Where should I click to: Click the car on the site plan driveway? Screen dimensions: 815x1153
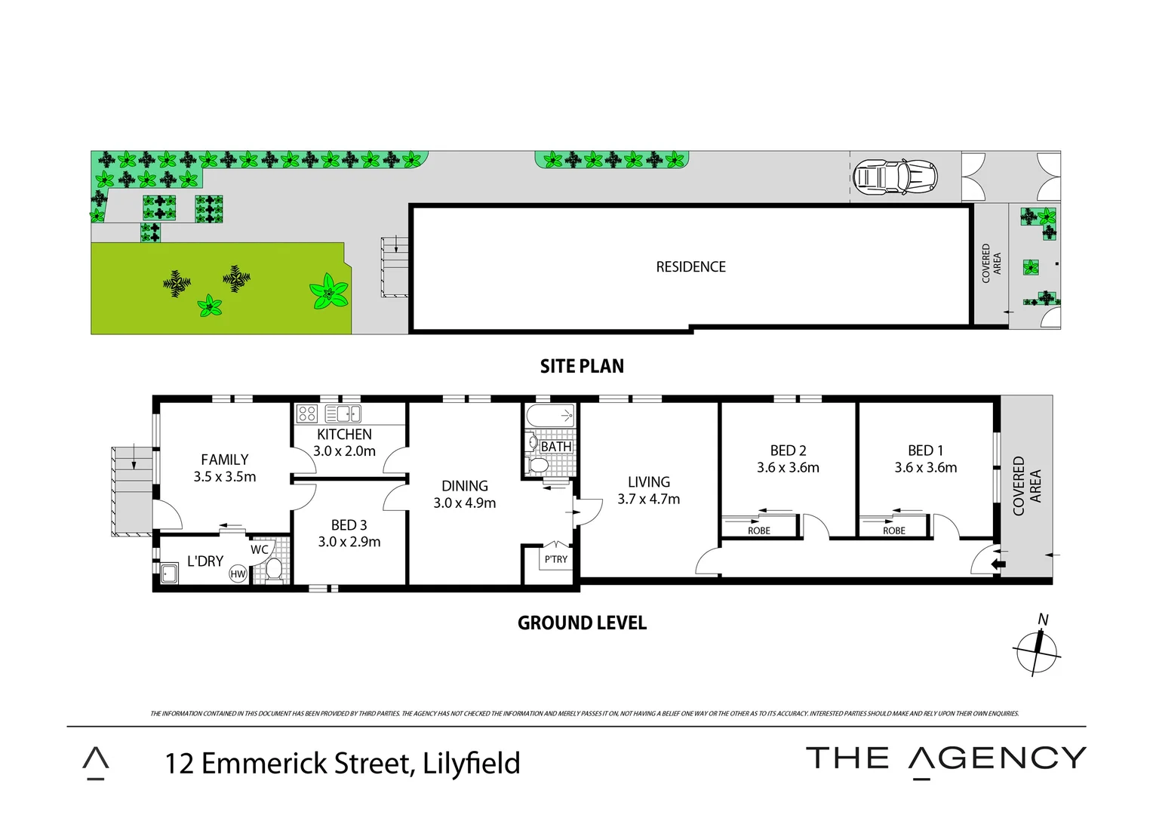[894, 177]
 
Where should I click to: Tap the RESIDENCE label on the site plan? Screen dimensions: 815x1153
[690, 267]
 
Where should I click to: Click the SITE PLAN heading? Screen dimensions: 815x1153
[582, 367]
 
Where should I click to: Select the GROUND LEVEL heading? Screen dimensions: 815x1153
[582, 623]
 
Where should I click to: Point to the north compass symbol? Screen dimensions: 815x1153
[1038, 650]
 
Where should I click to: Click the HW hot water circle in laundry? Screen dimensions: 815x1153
[238, 574]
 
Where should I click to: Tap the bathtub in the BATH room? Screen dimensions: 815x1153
[549, 417]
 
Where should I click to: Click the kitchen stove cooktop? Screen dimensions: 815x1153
[306, 414]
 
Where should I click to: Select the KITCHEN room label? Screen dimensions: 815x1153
[344, 435]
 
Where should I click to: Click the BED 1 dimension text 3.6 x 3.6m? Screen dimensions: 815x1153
[925, 468]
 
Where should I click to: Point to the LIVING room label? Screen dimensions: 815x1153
[648, 482]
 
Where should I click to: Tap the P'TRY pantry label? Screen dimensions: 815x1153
[555, 560]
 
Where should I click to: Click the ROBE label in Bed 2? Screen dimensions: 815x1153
[759, 531]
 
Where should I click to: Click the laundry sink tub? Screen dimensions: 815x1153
[168, 574]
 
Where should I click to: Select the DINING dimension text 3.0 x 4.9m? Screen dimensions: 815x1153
[464, 503]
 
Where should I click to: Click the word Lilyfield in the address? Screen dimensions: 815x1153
[472, 764]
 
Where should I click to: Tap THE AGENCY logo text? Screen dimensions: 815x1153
[945, 758]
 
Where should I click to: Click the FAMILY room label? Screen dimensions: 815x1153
[224, 460]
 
